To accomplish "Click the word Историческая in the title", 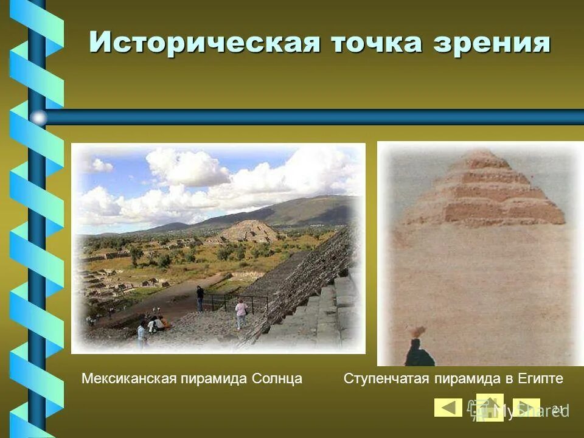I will pyautogui.click(x=204, y=43).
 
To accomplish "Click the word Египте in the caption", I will pyautogui.click(x=541, y=379).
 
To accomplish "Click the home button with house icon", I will pyautogui.click(x=489, y=408).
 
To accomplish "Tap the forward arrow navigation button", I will pyautogui.click(x=526, y=408).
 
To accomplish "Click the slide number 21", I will pyautogui.click(x=558, y=408).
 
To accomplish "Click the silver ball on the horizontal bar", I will pyautogui.click(x=38, y=117).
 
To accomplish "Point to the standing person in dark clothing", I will pyautogui.click(x=200, y=298).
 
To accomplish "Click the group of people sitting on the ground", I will pyautogui.click(x=157, y=324).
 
